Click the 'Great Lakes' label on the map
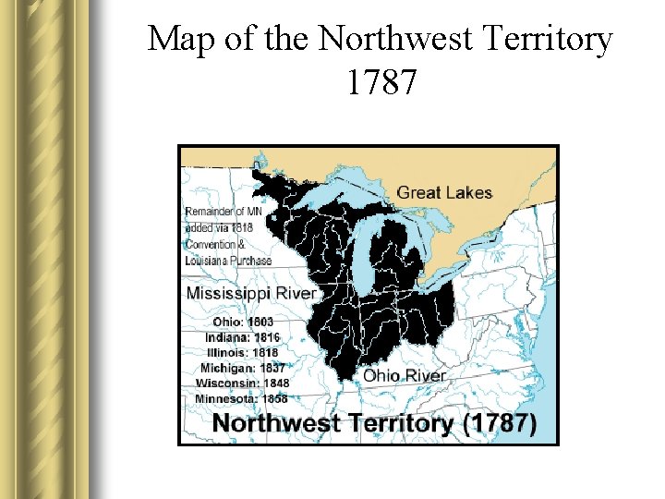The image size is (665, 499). pyautogui.click(x=444, y=193)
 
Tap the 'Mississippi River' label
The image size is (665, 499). pyautogui.click(x=251, y=293)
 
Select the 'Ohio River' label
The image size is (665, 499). pyautogui.click(x=404, y=375)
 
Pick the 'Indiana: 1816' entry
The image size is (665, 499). pyautogui.click(x=242, y=337)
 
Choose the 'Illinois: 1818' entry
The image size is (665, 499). pyautogui.click(x=242, y=352)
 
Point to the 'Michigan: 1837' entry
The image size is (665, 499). pyautogui.click(x=242, y=367)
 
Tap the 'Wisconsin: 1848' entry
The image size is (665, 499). pyautogui.click(x=242, y=383)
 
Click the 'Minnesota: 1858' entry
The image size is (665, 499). pyautogui.click(x=241, y=398)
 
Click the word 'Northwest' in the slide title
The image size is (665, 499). pyautogui.click(x=399, y=39)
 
